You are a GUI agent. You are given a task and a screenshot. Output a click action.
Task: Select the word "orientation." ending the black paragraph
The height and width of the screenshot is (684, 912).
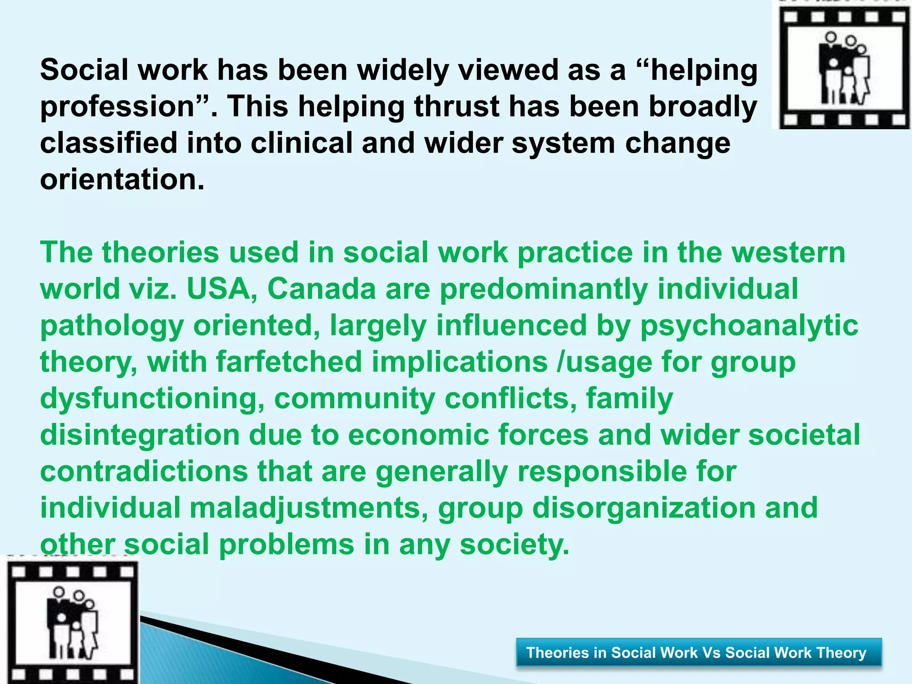pos(122,180)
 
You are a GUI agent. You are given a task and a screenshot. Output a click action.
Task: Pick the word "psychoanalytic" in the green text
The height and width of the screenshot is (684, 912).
pos(749,326)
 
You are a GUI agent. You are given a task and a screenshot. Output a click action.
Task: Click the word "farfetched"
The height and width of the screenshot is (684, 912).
pos(289,362)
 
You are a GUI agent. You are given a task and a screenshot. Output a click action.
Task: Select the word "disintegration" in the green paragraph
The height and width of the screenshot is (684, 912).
pos(140,435)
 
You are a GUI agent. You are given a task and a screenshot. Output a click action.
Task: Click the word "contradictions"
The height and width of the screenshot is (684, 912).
pos(144,472)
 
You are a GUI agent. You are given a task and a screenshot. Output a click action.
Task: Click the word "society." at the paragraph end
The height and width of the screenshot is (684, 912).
pos(514,545)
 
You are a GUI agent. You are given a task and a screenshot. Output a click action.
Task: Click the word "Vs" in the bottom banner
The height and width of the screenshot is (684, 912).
pos(711,652)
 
